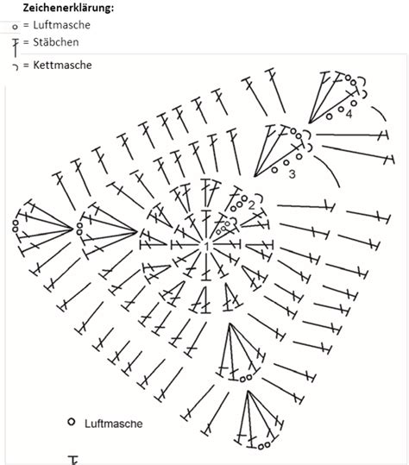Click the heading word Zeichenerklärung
click(x=68, y=8)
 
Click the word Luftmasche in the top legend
click(x=61, y=25)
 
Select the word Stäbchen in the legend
click(x=56, y=42)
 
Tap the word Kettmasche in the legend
click(x=62, y=65)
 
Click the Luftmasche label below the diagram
click(x=114, y=424)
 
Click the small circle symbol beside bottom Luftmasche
click(x=71, y=422)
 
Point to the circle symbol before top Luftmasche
click(x=15, y=27)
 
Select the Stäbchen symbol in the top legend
click(x=16, y=47)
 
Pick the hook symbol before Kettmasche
click(x=16, y=66)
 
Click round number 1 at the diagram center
click(x=206, y=246)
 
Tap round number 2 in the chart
click(x=251, y=205)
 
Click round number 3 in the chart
click(x=293, y=173)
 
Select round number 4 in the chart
click(x=349, y=114)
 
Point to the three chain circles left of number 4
click(x=342, y=110)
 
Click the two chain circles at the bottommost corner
click(x=264, y=445)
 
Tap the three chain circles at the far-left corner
click(x=16, y=226)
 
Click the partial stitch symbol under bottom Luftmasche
click(x=74, y=461)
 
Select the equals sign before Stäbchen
click(x=27, y=42)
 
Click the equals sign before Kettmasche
click(x=27, y=65)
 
